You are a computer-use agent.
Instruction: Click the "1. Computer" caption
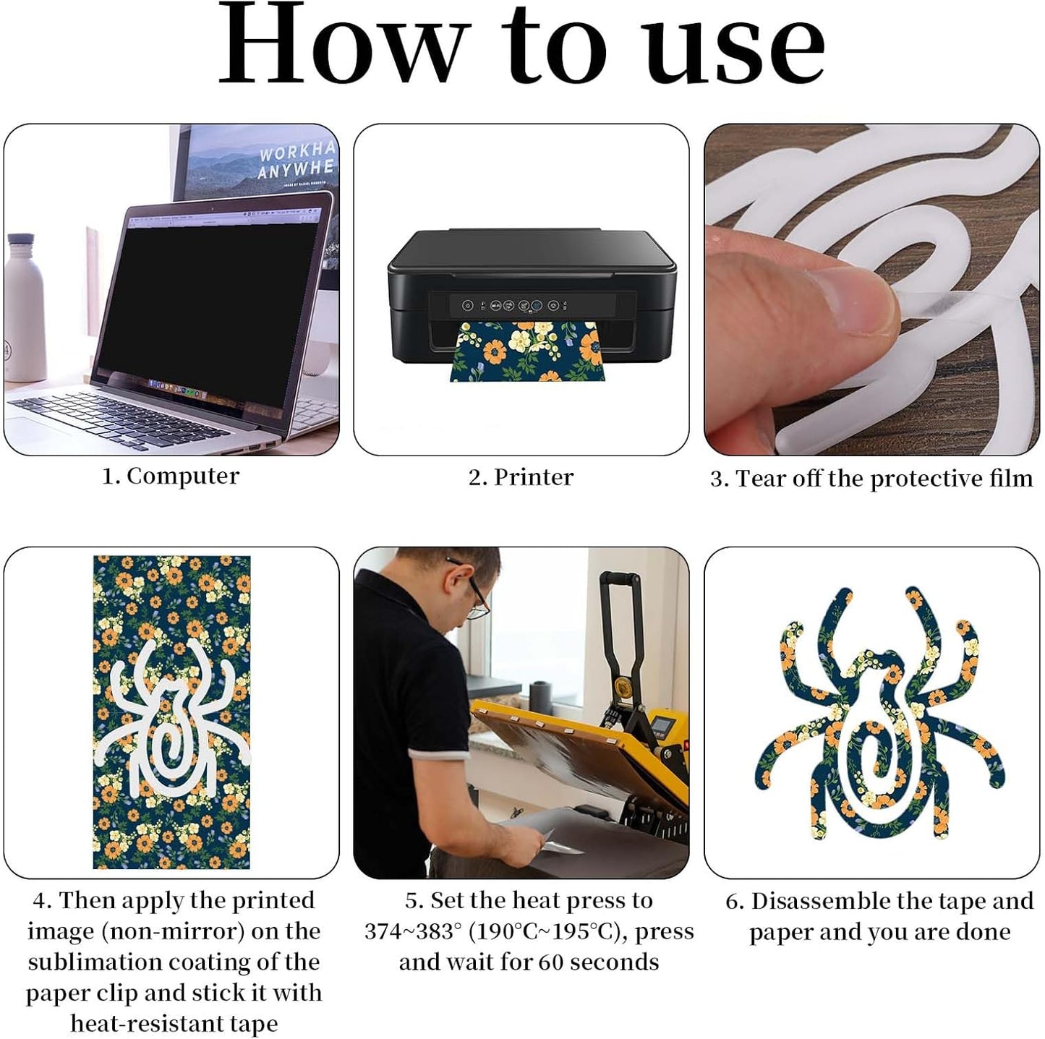(171, 476)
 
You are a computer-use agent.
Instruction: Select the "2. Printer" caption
(521, 477)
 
